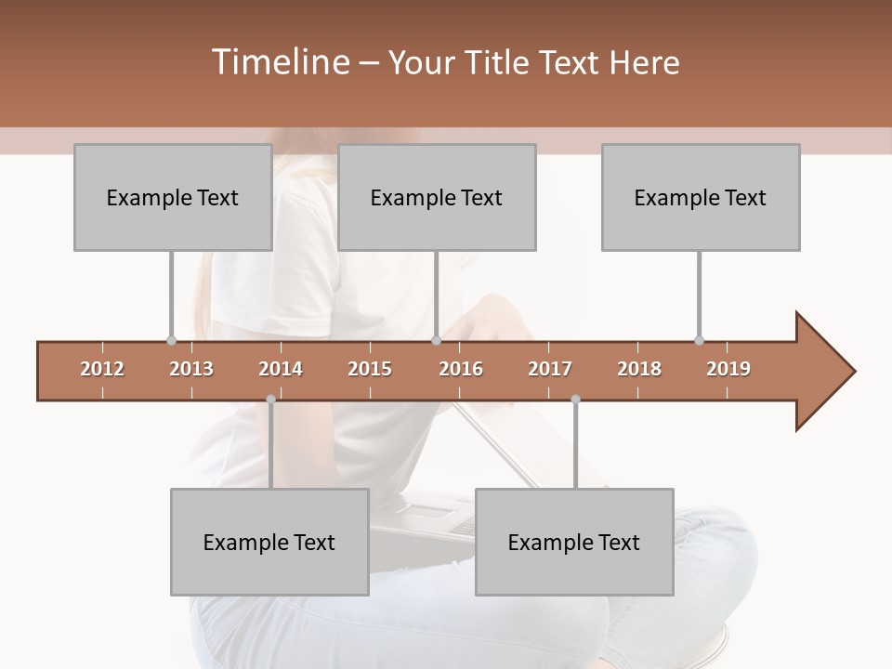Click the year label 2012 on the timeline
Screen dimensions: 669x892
102,369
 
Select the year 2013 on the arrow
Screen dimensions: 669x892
191,369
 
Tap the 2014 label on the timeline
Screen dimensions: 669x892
281,369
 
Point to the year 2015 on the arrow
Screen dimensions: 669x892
370,369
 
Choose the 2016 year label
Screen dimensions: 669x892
461,369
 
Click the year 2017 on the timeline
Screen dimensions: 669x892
550,369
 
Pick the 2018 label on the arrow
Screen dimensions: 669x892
639,369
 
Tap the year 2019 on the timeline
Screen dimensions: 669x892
728,369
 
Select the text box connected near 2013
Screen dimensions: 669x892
173,197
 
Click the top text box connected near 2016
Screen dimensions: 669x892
437,197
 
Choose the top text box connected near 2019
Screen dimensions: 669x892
701,197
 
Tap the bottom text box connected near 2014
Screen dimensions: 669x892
269,542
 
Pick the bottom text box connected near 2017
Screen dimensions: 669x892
574,542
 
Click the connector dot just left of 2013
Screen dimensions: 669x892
171,340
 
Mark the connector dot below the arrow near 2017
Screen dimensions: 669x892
575,400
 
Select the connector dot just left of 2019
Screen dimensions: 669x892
699,340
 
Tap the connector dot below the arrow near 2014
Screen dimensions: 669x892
270,400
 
